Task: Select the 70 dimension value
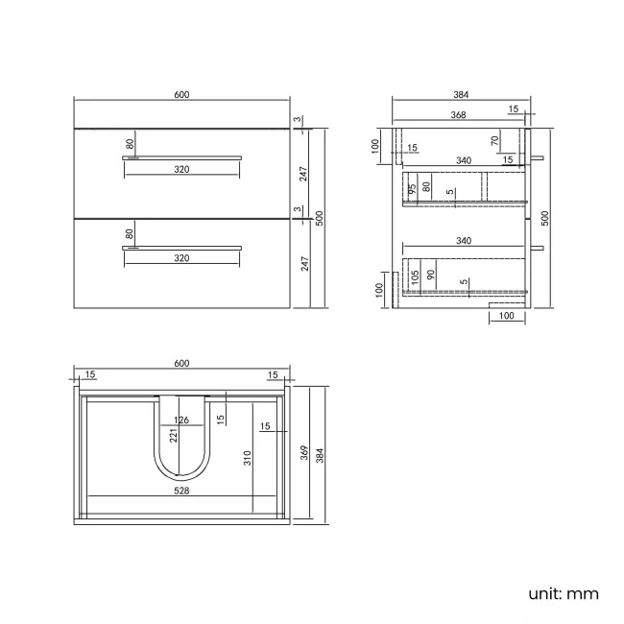(495, 141)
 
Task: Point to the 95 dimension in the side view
(411, 188)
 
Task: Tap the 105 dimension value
(414, 277)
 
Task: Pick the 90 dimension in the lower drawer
(432, 275)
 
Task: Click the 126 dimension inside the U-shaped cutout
(181, 420)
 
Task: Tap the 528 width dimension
(181, 490)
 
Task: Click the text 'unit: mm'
(563, 593)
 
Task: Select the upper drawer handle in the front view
(181, 156)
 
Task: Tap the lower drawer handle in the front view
(181, 247)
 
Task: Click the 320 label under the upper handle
(181, 169)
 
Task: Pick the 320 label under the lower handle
(181, 258)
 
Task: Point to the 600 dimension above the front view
(181, 94)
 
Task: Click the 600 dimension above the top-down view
(181, 362)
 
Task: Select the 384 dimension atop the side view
(459, 94)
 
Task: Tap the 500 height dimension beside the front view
(320, 218)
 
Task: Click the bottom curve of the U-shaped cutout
(181, 477)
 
